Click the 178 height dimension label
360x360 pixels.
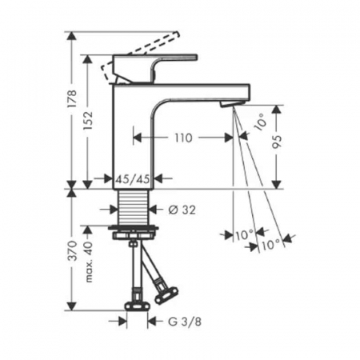pos(72,99)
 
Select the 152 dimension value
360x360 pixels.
pos(87,120)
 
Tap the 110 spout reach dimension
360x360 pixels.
pos(183,138)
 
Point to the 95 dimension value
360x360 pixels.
pos(278,142)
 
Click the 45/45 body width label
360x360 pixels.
pos(132,179)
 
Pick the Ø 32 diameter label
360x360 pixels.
pos(182,210)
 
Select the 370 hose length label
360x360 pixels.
pos(72,250)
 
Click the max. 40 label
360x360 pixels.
pos(89,262)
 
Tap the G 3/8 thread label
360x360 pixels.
pos(185,322)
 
